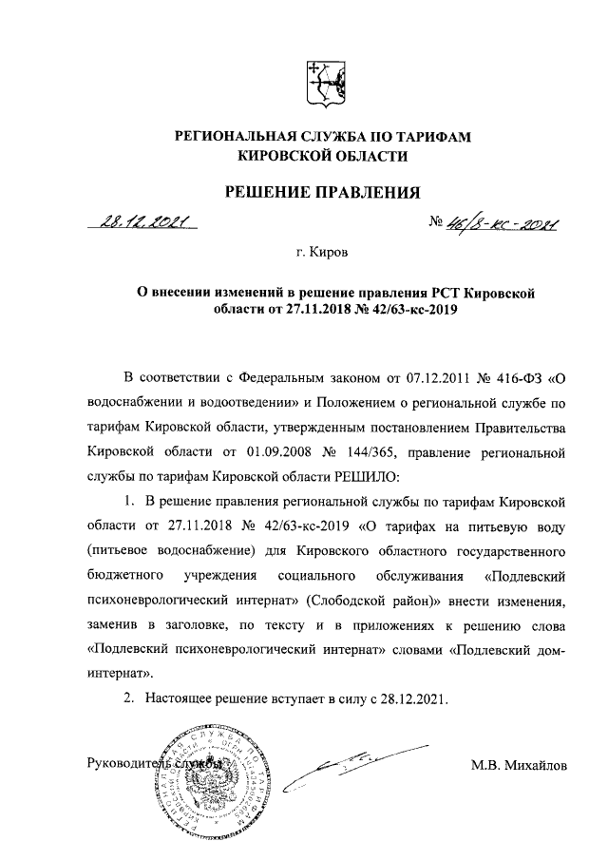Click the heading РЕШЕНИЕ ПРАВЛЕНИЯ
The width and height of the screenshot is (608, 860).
coord(321,195)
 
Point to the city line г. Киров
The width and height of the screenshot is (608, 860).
coord(321,254)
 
